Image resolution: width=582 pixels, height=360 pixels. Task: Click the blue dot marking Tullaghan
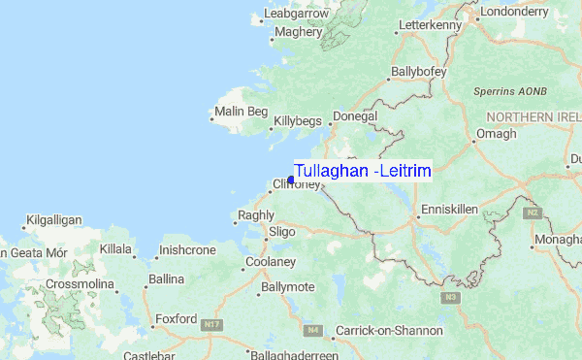click(x=291, y=180)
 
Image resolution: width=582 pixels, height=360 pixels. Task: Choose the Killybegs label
click(x=297, y=121)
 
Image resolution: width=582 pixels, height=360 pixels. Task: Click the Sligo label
click(x=281, y=232)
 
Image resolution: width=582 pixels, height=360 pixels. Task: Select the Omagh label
click(x=496, y=134)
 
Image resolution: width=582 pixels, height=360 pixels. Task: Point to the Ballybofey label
click(x=416, y=72)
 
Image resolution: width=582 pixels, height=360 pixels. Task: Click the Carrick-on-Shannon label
click(x=388, y=331)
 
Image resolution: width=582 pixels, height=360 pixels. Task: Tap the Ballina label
click(x=166, y=279)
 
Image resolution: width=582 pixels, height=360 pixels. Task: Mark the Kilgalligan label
click(x=54, y=220)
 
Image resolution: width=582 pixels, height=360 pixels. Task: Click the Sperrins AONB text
click(x=511, y=91)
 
